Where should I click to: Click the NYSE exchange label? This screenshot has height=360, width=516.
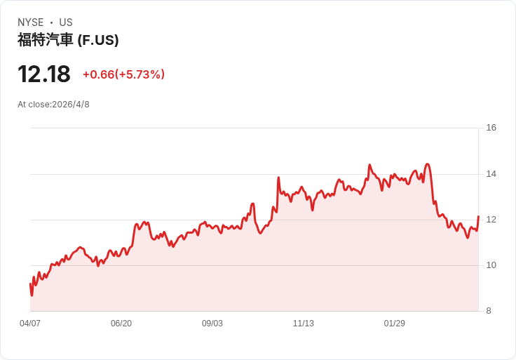coord(31,22)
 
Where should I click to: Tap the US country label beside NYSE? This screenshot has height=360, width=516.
coord(66,22)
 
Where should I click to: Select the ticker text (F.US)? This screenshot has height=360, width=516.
coord(98,40)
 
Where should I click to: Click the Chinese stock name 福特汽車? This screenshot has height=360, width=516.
coord(45,40)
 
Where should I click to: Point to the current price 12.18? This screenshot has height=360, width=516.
coord(44,74)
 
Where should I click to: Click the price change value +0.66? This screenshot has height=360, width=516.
coord(99,74)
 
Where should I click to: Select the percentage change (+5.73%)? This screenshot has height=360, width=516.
coord(140,74)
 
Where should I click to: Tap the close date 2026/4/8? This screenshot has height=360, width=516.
coord(71,105)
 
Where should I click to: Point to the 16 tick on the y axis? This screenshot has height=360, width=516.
coord(491,128)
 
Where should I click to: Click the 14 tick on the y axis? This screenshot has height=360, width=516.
coord(491,174)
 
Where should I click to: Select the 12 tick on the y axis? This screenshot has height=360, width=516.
coord(491,220)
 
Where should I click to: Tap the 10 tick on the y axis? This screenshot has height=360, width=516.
coord(491,265)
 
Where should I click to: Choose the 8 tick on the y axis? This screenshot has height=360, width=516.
coord(489,311)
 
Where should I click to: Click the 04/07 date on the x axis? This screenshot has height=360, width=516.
coord(30,323)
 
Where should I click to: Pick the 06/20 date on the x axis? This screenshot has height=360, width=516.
coord(121,323)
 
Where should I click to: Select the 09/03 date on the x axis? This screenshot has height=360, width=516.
coord(212,323)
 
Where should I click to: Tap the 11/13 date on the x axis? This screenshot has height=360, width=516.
coord(304,323)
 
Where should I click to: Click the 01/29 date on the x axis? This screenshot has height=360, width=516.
coord(394,323)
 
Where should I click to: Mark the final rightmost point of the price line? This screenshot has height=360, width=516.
coord(478,216)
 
